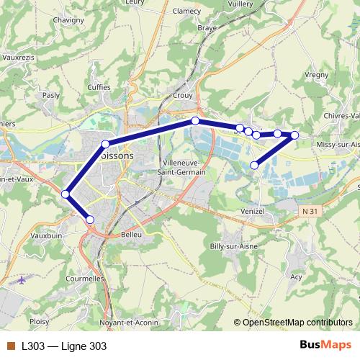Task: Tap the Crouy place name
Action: tap(183, 94)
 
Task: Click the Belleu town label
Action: tap(132, 234)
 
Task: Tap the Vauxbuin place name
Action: tap(48, 235)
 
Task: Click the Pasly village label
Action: tap(51, 94)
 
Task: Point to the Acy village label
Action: tap(295, 276)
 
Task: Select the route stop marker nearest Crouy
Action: tap(195, 121)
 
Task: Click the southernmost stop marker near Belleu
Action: tap(90, 220)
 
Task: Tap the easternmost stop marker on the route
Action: tap(294, 135)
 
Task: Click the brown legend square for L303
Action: tap(11, 346)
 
